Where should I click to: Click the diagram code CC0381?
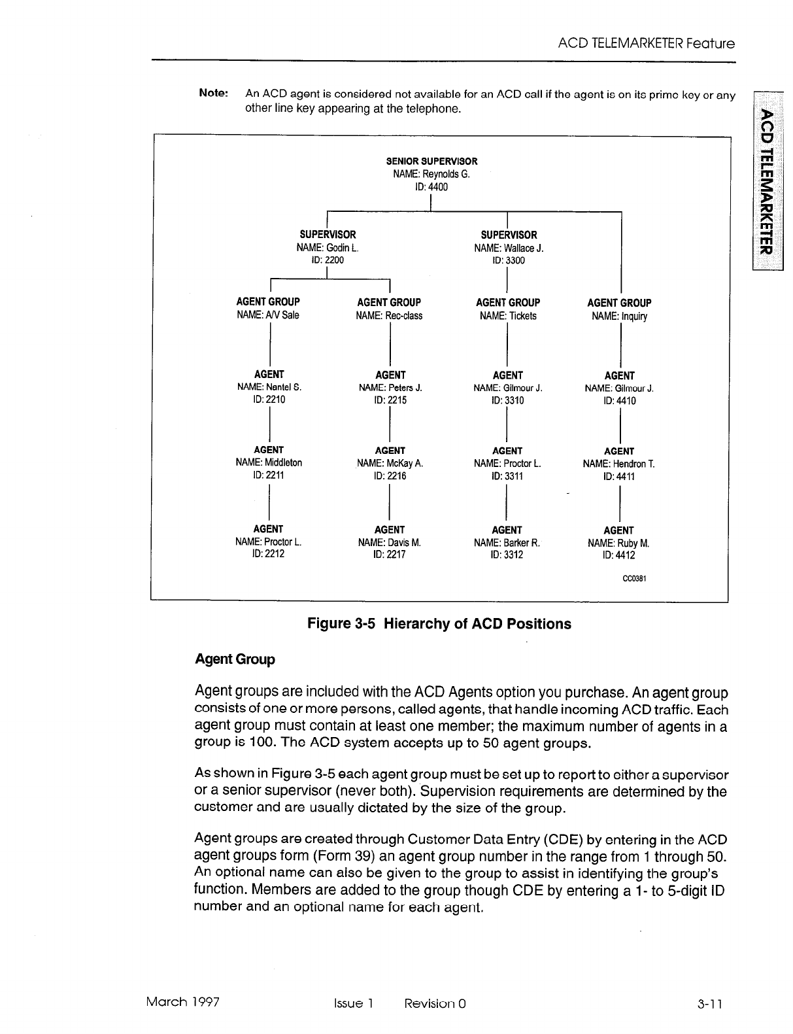pyautogui.click(x=634, y=578)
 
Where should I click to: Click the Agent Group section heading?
pyautogui.click(x=235, y=659)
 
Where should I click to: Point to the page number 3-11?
pyautogui.click(x=710, y=1004)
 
